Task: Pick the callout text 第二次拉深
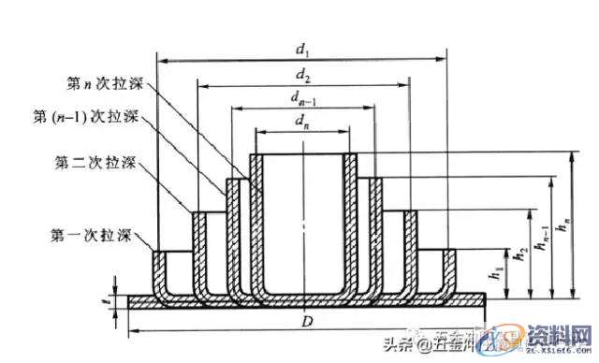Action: point(96,163)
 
